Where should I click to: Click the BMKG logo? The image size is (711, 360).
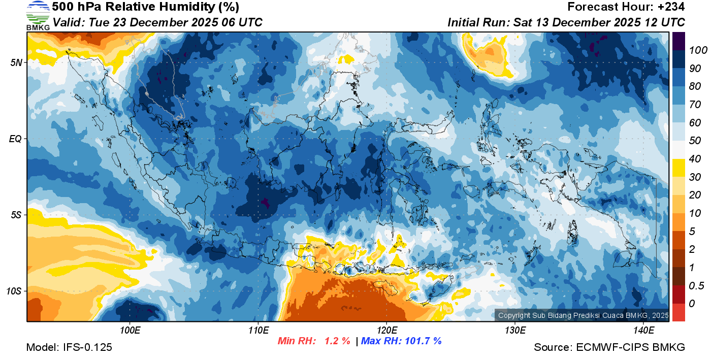point(38,15)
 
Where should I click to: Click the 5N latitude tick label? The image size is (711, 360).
point(16,62)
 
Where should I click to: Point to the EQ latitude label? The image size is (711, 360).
point(15,139)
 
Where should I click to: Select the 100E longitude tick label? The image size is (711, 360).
point(130,330)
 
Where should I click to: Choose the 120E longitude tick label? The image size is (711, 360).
point(386,330)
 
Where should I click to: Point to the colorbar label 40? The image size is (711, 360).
point(694,159)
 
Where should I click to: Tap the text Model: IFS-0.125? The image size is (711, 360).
point(69,347)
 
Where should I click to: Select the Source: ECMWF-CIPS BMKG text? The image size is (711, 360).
point(609,347)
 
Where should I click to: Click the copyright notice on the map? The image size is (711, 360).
point(583,315)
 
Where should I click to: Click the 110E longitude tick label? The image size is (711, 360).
point(258,330)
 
